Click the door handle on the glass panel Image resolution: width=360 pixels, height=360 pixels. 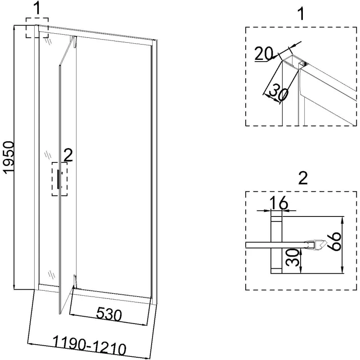pyautogui.click(x=58, y=177)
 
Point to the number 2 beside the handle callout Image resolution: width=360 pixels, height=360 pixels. pyautogui.click(x=68, y=155)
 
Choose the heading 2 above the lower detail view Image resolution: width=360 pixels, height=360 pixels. pyautogui.click(x=302, y=179)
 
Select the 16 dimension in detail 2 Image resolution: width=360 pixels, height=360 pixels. pyautogui.click(x=279, y=203)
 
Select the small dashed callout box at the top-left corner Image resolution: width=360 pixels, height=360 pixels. pyautogui.click(x=36, y=28)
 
